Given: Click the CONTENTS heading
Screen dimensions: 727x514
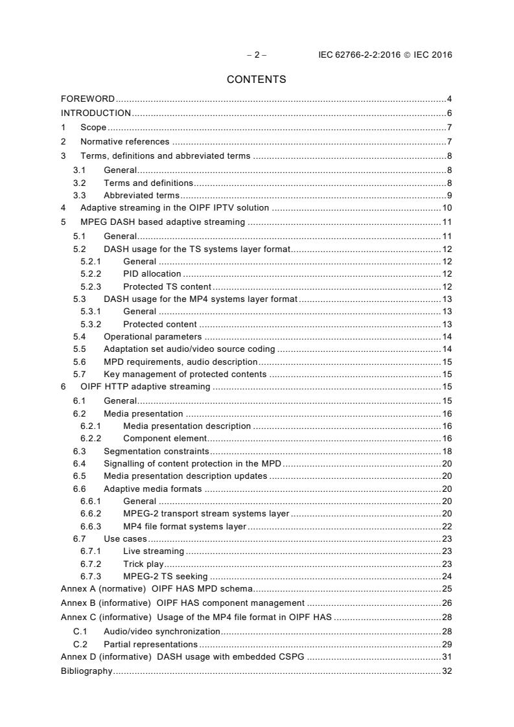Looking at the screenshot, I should click(x=256, y=80).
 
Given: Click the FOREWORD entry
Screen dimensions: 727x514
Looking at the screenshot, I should click(x=88, y=99).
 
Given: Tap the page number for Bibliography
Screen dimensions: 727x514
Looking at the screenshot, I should click(x=447, y=671).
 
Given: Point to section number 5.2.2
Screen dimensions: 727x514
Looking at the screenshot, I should click(x=91, y=274).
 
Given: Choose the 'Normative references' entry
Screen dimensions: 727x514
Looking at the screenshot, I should click(x=124, y=142).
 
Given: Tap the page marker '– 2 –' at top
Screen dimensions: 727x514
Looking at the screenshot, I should click(x=257, y=55).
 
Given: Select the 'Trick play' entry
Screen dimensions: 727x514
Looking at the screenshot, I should click(x=143, y=564).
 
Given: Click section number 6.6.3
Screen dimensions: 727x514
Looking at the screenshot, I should click(x=91, y=526).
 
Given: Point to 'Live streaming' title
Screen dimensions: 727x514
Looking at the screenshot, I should click(x=153, y=551).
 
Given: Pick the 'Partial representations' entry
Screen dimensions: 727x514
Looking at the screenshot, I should click(x=150, y=645).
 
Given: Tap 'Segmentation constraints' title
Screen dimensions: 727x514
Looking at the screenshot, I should click(x=156, y=451).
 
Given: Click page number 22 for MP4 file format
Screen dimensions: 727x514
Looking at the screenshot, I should click(x=447, y=526).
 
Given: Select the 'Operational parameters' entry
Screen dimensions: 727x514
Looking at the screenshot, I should click(x=152, y=337).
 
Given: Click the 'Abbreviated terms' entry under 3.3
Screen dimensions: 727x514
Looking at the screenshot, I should click(x=141, y=196).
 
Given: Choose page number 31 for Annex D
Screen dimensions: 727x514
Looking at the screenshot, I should click(x=447, y=657).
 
